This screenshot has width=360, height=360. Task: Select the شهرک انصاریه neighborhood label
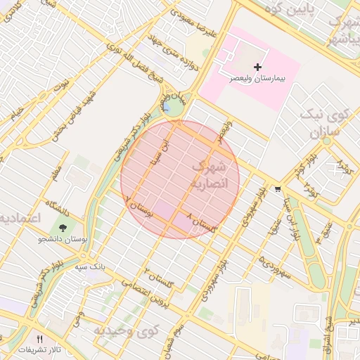[209, 174]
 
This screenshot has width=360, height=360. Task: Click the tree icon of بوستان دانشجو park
[63, 228]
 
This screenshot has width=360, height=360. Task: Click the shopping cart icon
[278, 188]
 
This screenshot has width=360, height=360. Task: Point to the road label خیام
[15, 112]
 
